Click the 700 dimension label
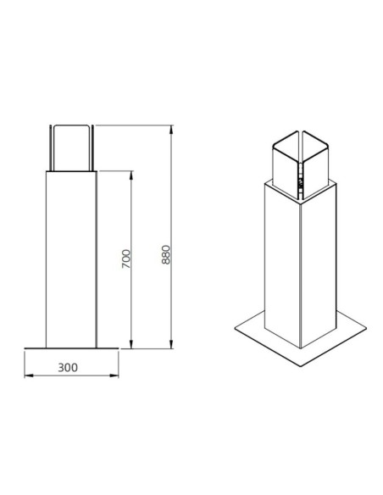[x=126, y=259]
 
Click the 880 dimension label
[x=165, y=254]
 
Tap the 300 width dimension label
[x=68, y=368]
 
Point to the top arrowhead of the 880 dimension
[x=171, y=130]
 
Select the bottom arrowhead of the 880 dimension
[x=171, y=344]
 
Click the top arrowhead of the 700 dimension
[x=131, y=175]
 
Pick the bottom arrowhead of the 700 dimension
[x=131, y=344]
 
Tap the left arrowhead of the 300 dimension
[x=29, y=375]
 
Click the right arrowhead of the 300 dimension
[x=114, y=375]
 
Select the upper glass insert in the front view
[x=71, y=148]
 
